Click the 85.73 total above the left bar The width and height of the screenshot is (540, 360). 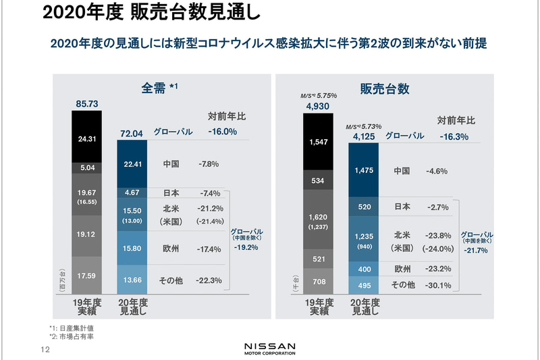(x=86, y=104)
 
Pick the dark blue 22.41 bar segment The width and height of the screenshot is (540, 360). (x=132, y=164)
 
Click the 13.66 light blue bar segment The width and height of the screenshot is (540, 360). (x=132, y=280)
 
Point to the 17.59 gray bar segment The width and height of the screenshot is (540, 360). (x=86, y=275)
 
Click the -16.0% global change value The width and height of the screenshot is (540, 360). (x=222, y=132)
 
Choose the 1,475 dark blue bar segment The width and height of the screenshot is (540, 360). (x=363, y=171)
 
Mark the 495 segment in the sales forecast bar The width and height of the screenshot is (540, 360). (x=363, y=284)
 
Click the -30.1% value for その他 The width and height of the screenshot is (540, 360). (x=439, y=285)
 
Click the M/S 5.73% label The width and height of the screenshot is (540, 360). (x=363, y=126)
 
